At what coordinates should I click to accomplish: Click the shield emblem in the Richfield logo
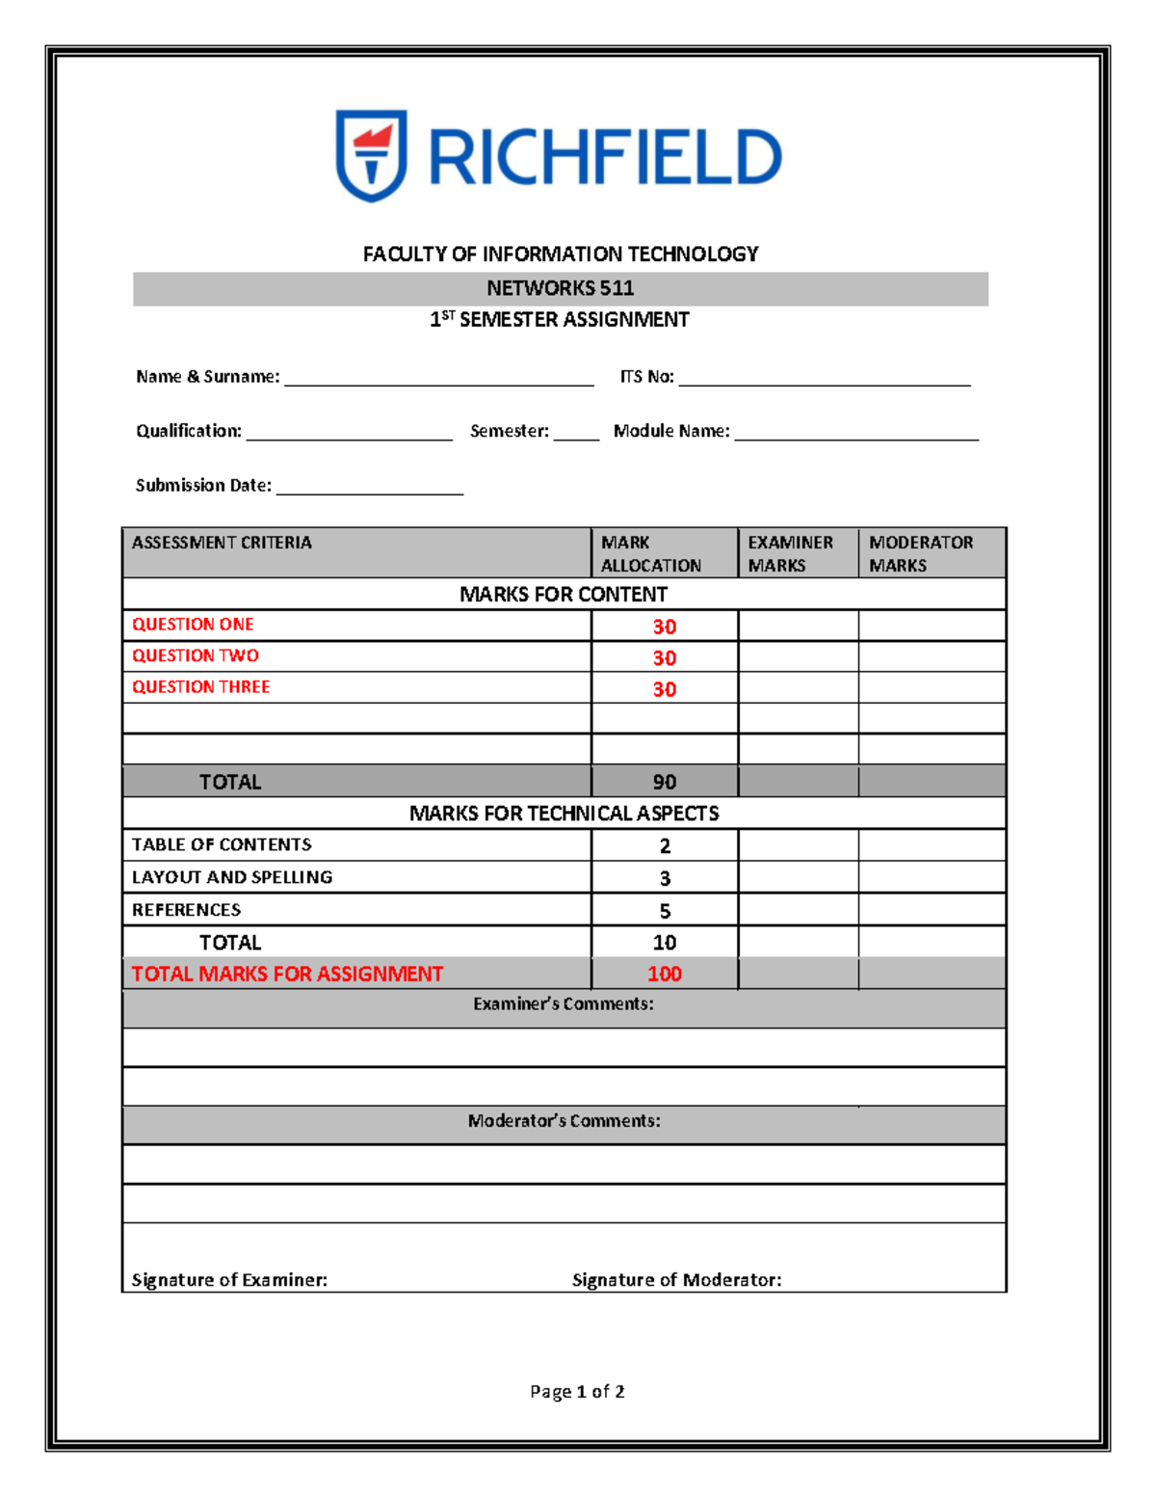(x=371, y=155)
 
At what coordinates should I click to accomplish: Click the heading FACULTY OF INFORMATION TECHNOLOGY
(x=560, y=254)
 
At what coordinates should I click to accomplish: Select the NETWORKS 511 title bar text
(x=560, y=288)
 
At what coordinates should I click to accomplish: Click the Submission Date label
(x=203, y=486)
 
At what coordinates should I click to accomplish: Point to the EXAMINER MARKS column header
(x=790, y=553)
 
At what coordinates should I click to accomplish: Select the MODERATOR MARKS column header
(x=920, y=553)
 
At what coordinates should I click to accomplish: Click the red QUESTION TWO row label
(x=196, y=655)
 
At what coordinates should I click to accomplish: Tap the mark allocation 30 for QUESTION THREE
(x=664, y=689)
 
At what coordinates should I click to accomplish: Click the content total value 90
(x=664, y=782)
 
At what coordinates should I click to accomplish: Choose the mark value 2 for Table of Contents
(x=664, y=845)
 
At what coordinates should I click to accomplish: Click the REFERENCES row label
(x=187, y=910)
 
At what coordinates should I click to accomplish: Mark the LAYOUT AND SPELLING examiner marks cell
(x=798, y=877)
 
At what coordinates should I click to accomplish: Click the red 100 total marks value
(x=664, y=974)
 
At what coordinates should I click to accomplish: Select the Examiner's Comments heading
(x=563, y=1004)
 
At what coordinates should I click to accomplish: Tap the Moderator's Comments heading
(x=564, y=1121)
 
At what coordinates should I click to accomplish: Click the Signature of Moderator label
(x=676, y=1280)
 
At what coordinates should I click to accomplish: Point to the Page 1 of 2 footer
(x=577, y=1391)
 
